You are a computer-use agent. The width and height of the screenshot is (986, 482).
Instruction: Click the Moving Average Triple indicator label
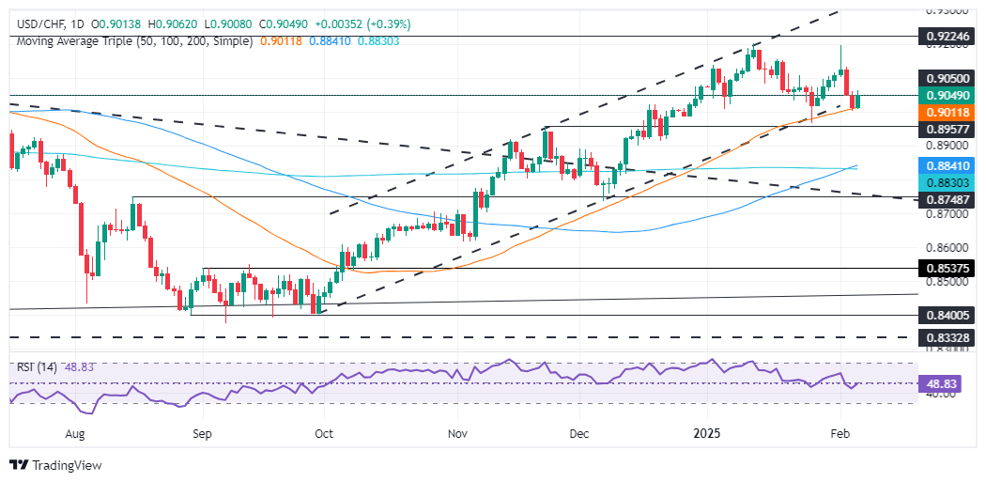click(132, 41)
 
